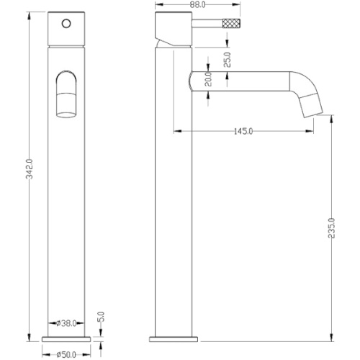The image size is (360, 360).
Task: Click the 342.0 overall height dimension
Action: tap(30, 169)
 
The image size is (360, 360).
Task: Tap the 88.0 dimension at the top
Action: tap(197, 5)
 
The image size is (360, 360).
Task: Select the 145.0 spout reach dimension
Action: tap(243, 131)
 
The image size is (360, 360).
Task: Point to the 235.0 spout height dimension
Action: tap(331, 228)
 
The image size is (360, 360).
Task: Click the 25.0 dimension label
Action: tap(227, 60)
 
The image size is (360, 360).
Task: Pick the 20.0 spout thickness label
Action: tap(208, 79)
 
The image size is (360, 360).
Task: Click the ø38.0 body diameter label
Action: tap(66, 323)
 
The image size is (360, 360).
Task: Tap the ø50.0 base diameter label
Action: tap(66, 355)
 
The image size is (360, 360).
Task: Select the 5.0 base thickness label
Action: tap(102, 317)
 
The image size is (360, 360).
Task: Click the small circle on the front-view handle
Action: tap(66, 24)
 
